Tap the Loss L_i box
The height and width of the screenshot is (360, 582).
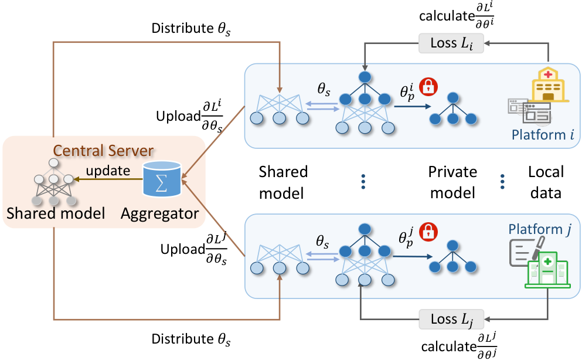(451, 43)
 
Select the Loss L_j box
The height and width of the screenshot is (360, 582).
(451, 319)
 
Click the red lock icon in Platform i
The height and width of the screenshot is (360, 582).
(428, 86)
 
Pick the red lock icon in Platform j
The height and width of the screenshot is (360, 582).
(428, 231)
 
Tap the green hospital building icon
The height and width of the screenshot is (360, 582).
(548, 270)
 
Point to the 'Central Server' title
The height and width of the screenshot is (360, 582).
(103, 151)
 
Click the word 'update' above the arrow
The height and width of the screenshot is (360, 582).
(108, 171)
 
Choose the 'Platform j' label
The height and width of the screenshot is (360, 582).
(540, 230)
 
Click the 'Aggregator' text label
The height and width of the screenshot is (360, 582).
(160, 214)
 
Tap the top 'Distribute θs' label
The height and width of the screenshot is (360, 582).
(191, 29)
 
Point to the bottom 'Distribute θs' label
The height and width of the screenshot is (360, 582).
(191, 339)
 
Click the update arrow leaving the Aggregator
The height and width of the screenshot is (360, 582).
(108, 179)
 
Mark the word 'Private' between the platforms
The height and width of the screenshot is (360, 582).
(452, 172)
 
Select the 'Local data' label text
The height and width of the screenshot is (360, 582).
(546, 182)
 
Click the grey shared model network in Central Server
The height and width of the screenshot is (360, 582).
(54, 182)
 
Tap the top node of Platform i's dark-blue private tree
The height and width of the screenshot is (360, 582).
(453, 98)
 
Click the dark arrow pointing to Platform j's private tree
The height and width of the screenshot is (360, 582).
(413, 256)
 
